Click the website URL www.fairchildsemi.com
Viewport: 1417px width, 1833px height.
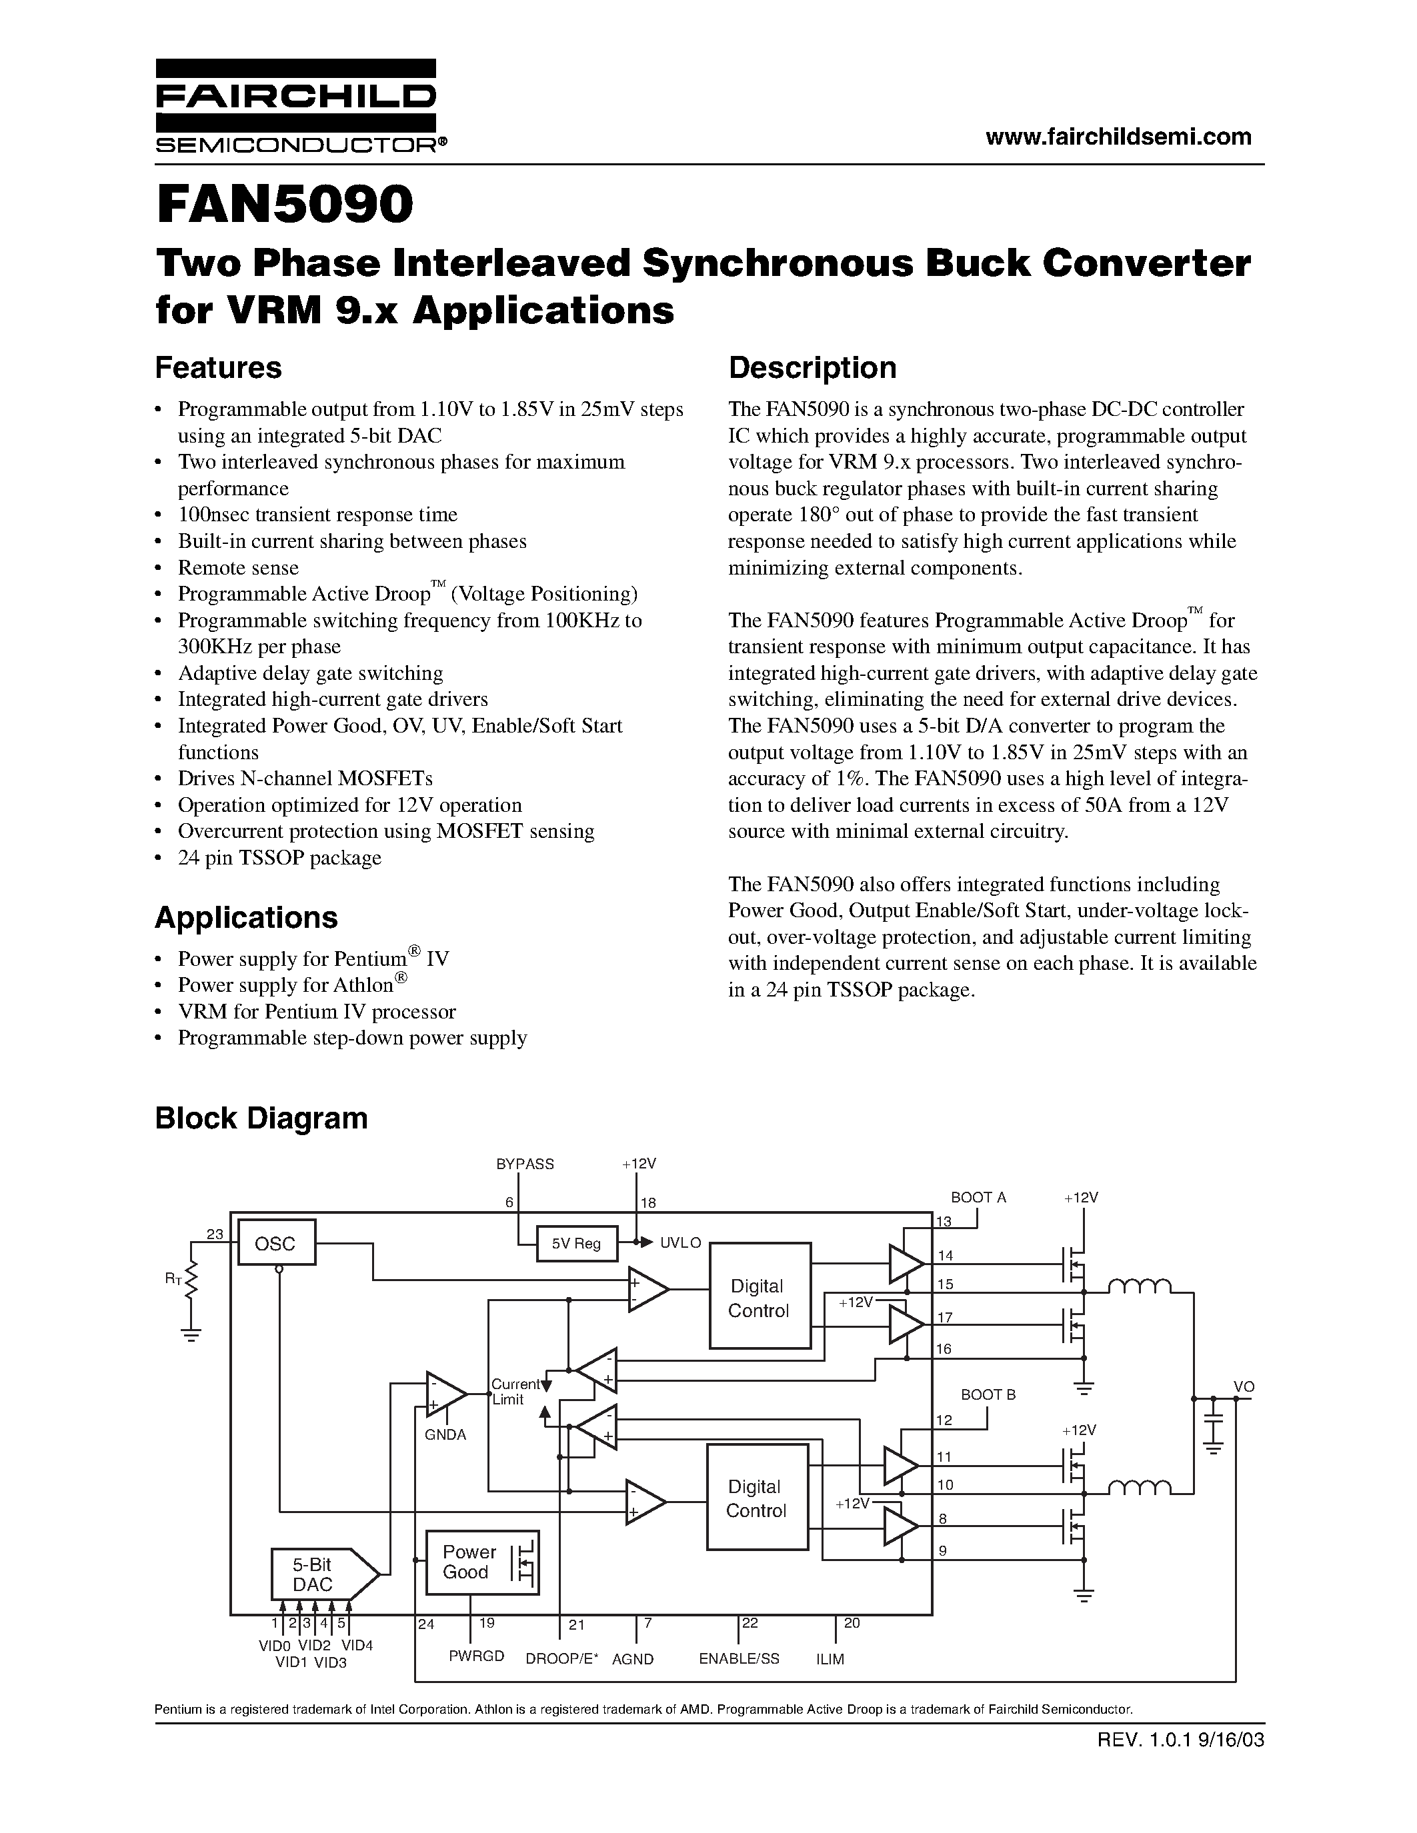tap(1118, 137)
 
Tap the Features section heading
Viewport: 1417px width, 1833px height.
tap(218, 368)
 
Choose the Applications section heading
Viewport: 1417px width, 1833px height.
tap(246, 917)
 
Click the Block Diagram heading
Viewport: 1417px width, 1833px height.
tap(261, 1118)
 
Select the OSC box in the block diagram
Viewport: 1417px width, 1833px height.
tap(275, 1243)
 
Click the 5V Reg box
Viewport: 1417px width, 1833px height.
tap(576, 1244)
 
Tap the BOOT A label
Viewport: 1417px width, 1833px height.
tap(978, 1198)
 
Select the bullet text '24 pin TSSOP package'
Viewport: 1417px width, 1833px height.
tap(279, 858)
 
